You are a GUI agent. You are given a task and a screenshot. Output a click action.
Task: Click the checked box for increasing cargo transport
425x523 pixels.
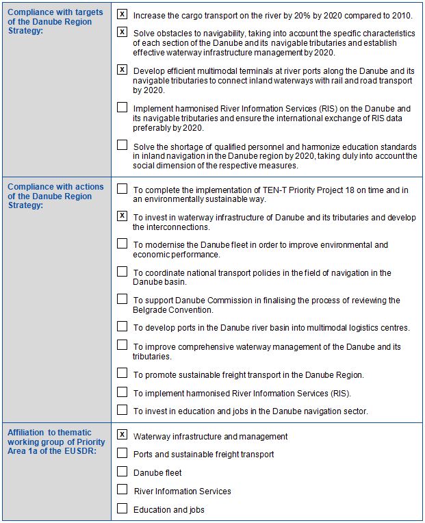(123, 14)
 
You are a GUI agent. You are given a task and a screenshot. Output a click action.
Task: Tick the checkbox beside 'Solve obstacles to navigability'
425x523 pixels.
(123, 31)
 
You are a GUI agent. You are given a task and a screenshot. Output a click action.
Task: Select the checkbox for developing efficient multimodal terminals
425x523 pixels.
(123, 69)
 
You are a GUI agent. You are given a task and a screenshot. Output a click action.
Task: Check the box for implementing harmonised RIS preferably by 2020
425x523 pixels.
(123, 107)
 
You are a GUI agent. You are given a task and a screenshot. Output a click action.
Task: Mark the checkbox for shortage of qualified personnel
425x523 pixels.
(123, 144)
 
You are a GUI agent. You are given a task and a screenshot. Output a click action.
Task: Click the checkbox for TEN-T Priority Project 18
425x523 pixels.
(123, 188)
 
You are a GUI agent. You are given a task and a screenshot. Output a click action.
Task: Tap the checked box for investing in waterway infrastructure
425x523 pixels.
(123, 216)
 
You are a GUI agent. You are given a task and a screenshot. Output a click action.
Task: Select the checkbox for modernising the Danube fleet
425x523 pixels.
(123, 243)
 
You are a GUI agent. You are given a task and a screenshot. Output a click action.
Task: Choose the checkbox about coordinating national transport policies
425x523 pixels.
(123, 271)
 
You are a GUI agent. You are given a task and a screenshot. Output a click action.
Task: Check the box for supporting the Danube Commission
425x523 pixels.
(123, 298)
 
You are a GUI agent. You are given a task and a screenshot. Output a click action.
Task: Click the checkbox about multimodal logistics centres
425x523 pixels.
(123, 326)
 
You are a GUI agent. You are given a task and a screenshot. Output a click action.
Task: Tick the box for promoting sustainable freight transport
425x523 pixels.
(123, 373)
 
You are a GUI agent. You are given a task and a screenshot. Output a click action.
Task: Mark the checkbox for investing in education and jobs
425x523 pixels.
(123, 410)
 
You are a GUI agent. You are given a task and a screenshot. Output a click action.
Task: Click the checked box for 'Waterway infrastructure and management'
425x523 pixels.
(123, 435)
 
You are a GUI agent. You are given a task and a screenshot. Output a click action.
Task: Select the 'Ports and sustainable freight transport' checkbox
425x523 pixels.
(123, 452)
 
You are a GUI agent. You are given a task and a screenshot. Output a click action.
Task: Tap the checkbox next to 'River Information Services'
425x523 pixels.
(123, 489)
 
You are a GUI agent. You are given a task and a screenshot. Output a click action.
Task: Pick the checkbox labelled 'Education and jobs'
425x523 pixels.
(123, 508)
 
